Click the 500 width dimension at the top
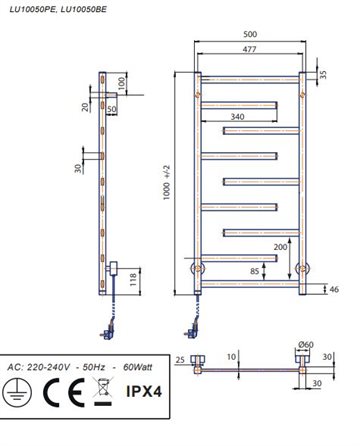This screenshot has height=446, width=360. (x=250, y=34)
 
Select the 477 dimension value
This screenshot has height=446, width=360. (x=249, y=49)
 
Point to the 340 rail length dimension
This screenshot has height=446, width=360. (x=237, y=117)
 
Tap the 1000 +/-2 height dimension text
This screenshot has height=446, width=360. (x=167, y=182)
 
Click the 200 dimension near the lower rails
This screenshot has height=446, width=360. (x=280, y=247)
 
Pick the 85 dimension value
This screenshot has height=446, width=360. (x=255, y=271)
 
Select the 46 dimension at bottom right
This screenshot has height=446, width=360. (x=334, y=289)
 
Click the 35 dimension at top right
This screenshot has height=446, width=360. (x=323, y=74)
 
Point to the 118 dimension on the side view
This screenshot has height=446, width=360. (x=133, y=280)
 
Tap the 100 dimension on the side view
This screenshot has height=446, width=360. (x=122, y=83)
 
